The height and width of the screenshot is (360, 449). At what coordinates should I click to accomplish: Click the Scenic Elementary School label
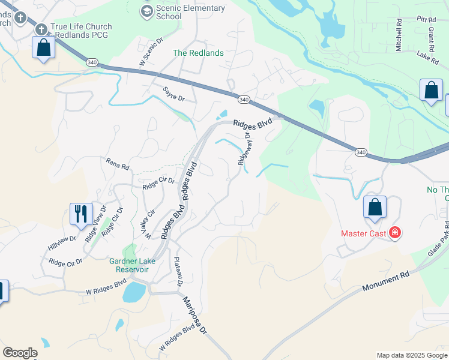[x=190, y=12]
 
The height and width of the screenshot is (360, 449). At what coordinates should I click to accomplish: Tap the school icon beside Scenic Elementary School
[x=146, y=11]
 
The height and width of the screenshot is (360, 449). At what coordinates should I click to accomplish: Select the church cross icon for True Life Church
[x=41, y=29]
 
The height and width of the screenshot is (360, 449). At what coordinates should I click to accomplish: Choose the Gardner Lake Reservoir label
[x=133, y=265]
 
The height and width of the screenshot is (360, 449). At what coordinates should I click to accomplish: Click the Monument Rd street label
[x=385, y=281]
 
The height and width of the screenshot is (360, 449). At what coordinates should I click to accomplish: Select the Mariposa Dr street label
[x=195, y=314]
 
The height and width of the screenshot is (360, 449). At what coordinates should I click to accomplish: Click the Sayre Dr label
[x=175, y=94]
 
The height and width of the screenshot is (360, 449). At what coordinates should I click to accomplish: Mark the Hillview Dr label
[x=62, y=242]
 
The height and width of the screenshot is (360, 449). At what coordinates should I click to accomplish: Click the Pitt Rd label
[x=427, y=19]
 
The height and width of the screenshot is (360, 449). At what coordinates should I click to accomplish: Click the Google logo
[x=20, y=353]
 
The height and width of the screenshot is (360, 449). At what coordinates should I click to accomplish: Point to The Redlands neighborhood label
[x=198, y=53]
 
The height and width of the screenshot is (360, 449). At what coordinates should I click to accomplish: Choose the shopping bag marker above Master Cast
[x=375, y=208]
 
